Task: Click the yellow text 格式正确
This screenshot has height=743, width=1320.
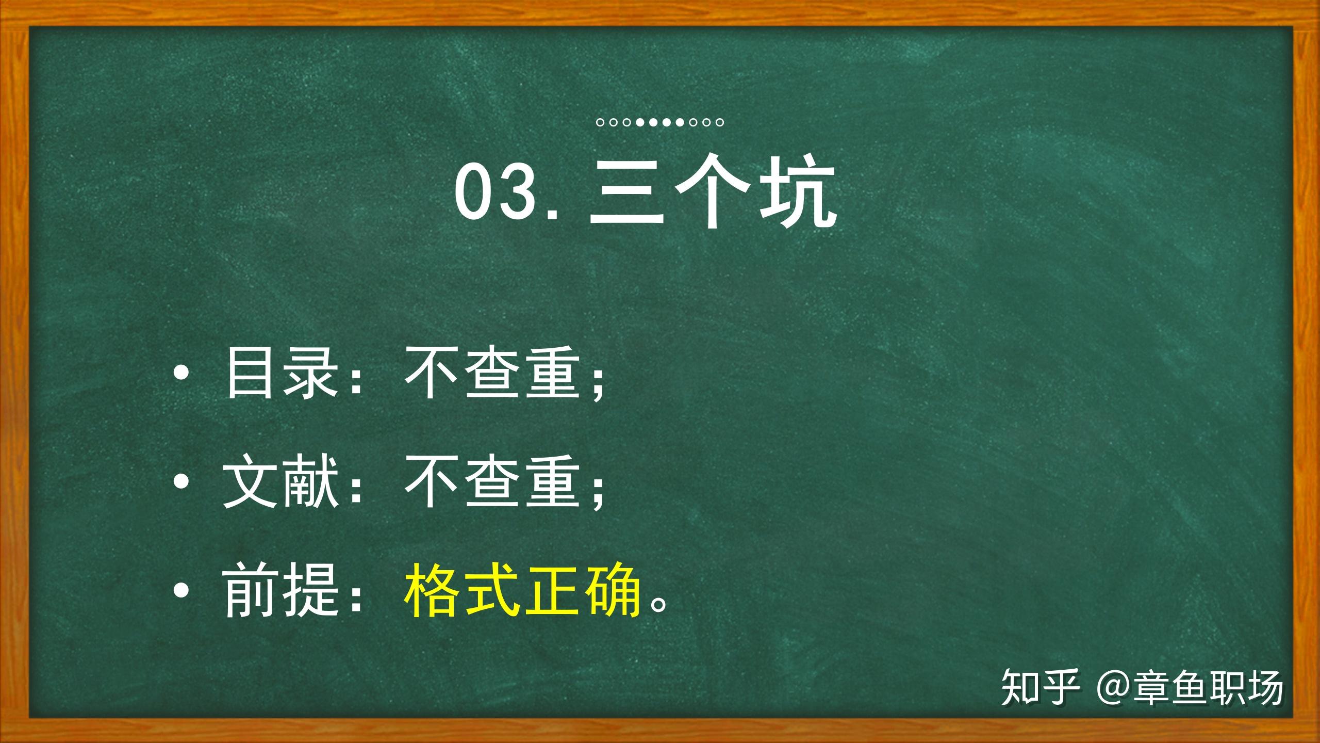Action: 522,590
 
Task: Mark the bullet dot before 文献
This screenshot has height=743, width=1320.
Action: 181,482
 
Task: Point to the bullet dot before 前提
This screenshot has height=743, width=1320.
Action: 181,592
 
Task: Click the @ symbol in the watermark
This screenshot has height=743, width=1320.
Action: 1114,688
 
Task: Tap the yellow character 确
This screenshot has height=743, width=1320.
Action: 612,590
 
